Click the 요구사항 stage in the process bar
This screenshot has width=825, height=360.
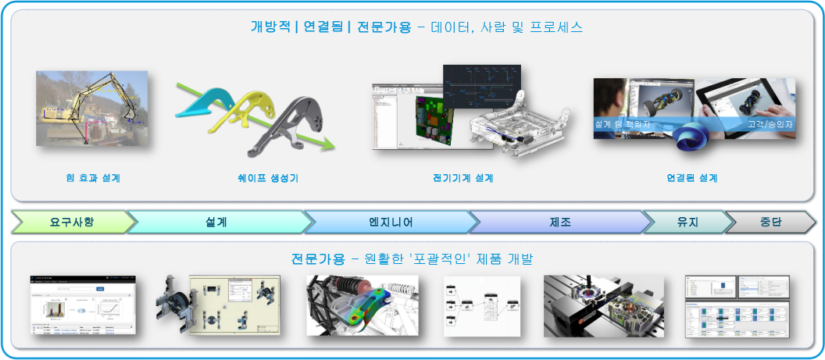[x=72, y=223]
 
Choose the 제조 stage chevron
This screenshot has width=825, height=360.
[x=559, y=223]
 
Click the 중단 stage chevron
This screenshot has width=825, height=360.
[x=770, y=223]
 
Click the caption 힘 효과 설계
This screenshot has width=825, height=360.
[x=93, y=178]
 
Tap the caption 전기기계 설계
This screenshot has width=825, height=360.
[x=462, y=178]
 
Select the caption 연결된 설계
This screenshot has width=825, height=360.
[x=692, y=178]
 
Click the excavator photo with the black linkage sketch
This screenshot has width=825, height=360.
[x=91, y=108]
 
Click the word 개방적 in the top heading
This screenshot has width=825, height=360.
[x=268, y=27]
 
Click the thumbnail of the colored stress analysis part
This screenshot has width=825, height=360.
[x=362, y=305]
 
